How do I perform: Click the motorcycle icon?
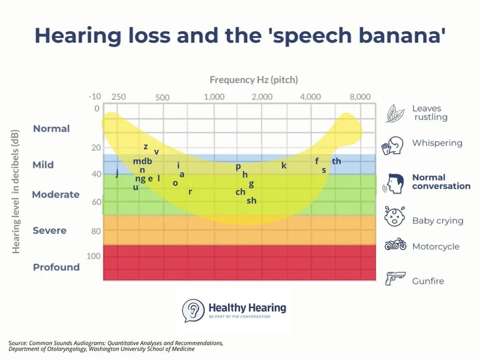[x=395, y=245]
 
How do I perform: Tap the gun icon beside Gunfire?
[x=395, y=279]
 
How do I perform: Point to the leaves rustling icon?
[x=395, y=112]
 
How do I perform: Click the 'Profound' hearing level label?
[x=56, y=267]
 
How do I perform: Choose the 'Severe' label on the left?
[x=50, y=230]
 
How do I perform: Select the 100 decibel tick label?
[x=95, y=256]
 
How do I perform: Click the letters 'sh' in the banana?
[x=251, y=200]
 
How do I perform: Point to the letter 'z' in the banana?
[x=146, y=146]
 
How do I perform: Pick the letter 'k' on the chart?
[x=284, y=165]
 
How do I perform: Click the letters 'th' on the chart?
[x=336, y=161]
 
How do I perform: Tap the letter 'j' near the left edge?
[x=116, y=173]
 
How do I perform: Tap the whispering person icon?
[x=392, y=145]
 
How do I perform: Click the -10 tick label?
[x=94, y=97]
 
